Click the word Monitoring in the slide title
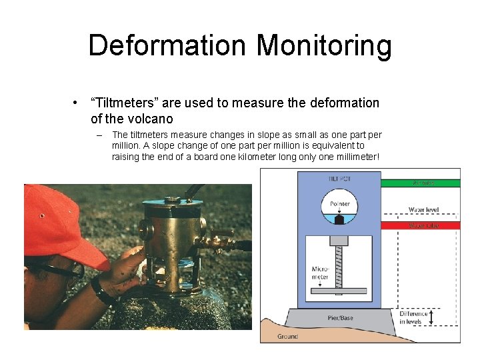324,46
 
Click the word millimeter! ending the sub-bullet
353,157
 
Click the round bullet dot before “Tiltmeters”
77,103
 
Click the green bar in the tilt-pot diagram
420,182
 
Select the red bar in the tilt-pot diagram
420,225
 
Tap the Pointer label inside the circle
339,204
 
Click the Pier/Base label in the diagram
340,318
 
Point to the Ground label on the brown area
288,337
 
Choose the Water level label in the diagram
423,210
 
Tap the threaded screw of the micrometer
340,267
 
